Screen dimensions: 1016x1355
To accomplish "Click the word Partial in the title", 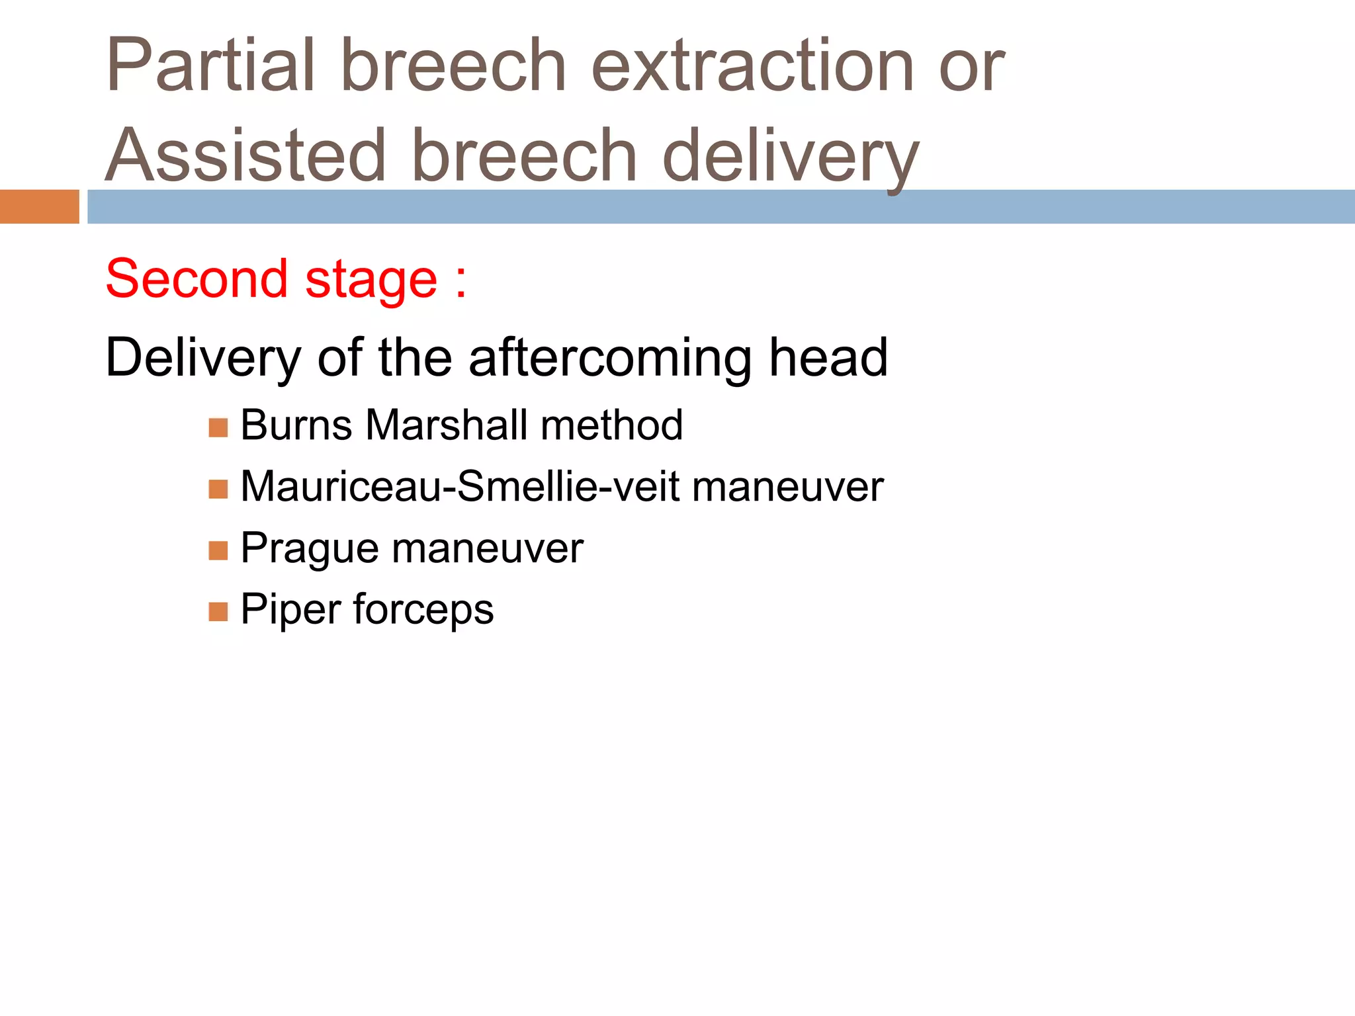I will [x=210, y=66].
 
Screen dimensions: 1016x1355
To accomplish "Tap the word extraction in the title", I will [x=752, y=66].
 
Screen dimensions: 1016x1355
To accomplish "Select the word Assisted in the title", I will [x=245, y=156].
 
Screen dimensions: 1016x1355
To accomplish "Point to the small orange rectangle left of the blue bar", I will [x=39, y=206].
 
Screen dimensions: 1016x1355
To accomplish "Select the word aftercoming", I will [x=610, y=357].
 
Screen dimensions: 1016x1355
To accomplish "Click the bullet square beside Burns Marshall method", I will [x=218, y=428].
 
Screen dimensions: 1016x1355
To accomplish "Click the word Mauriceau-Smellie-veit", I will [x=460, y=487].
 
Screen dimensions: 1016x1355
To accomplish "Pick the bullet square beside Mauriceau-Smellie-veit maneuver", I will [x=218, y=489].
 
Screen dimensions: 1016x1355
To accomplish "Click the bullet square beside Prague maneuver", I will [x=218, y=550].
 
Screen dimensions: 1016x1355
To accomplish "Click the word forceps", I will [x=423, y=610].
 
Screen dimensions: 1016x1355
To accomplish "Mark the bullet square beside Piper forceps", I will [x=218, y=612].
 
